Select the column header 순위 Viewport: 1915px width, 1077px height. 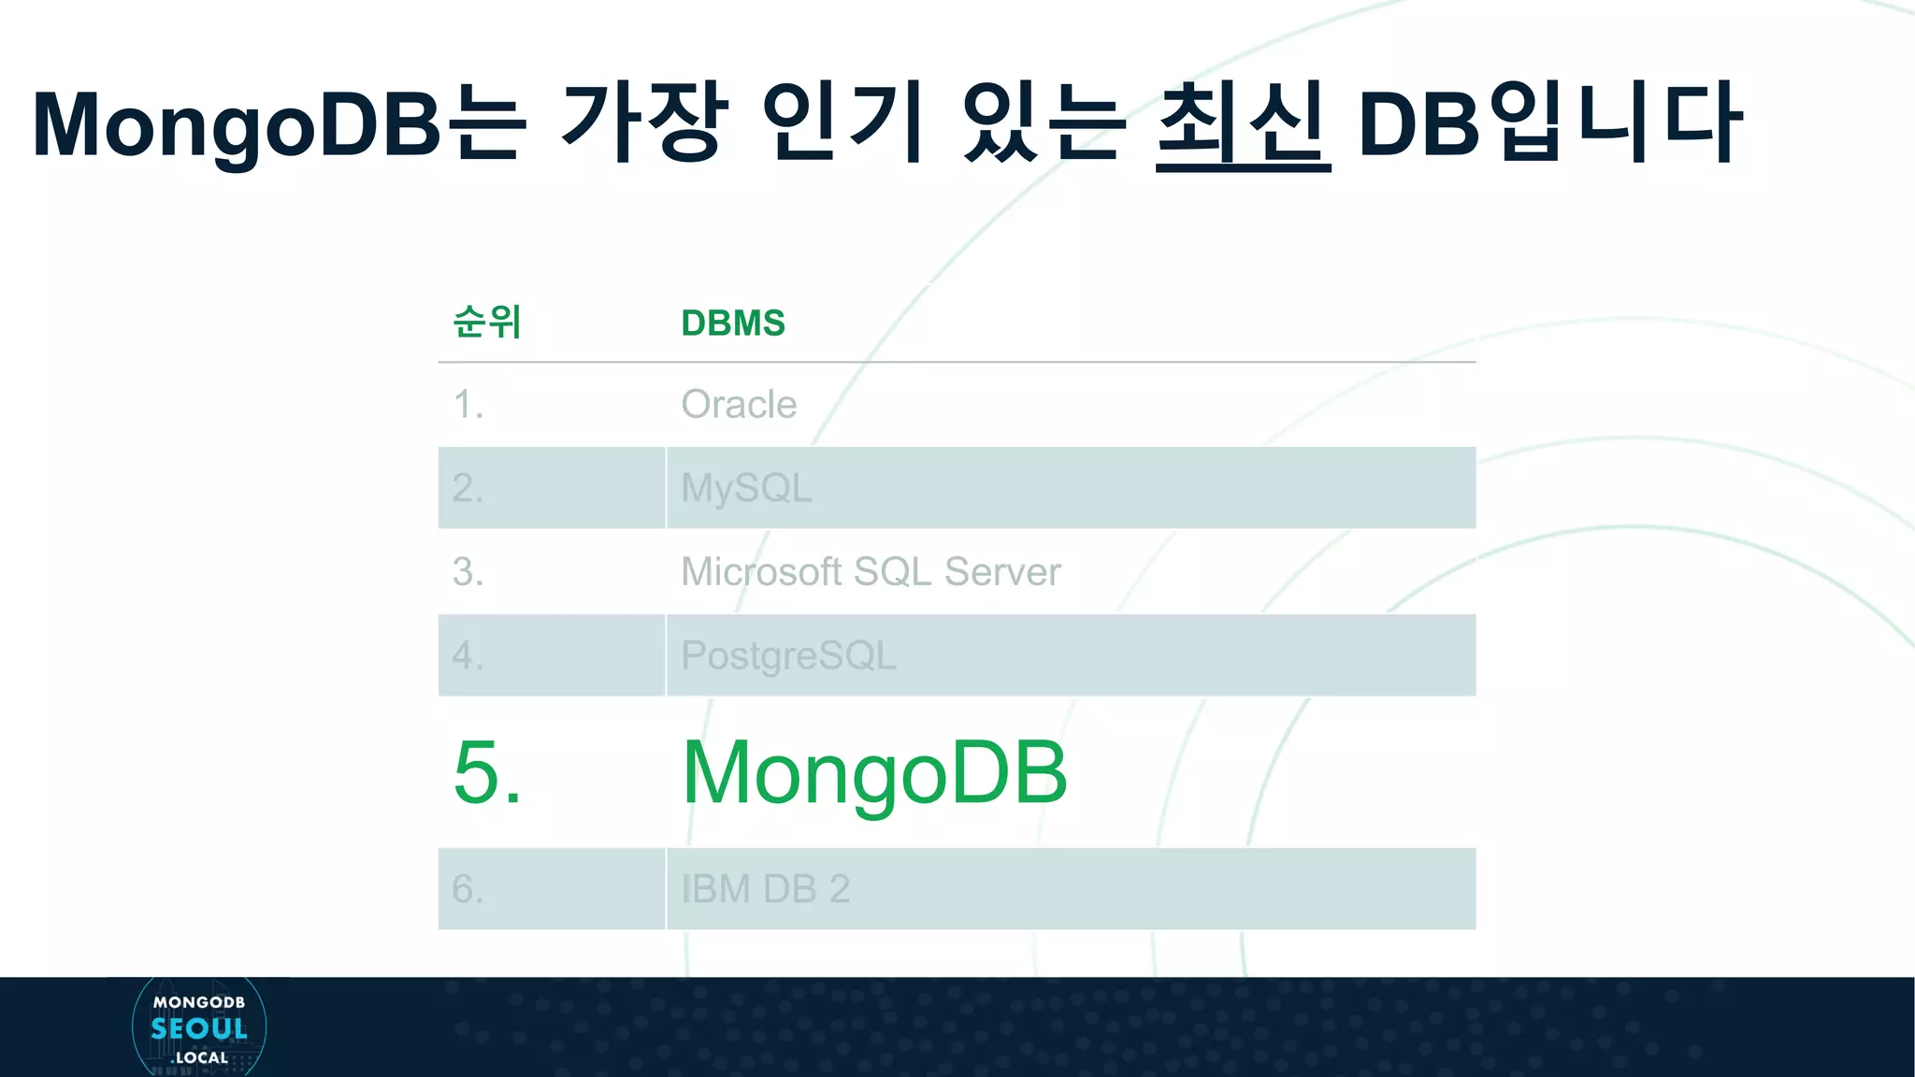click(x=486, y=322)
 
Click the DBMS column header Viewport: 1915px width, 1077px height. click(x=733, y=323)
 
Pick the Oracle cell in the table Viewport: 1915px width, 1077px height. click(x=739, y=405)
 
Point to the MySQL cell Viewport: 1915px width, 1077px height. click(x=746, y=488)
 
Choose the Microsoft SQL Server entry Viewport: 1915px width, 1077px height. click(x=871, y=571)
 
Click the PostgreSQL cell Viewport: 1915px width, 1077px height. click(x=788, y=655)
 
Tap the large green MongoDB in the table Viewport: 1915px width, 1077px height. click(x=874, y=772)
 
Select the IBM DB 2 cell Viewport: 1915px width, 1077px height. click(x=765, y=889)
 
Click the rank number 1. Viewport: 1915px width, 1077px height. click(x=468, y=405)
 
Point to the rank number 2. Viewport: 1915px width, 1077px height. click(x=468, y=488)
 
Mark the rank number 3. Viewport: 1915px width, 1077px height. click(x=468, y=571)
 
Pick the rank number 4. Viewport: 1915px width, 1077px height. click(x=468, y=655)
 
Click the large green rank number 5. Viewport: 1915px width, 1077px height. click(x=487, y=772)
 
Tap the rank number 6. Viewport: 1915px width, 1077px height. click(x=468, y=889)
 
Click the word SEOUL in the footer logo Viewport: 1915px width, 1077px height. click(x=199, y=1029)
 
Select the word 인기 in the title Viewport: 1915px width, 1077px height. click(x=842, y=122)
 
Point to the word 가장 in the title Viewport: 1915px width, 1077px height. click(x=643, y=122)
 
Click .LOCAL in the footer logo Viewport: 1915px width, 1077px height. click(x=200, y=1058)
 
